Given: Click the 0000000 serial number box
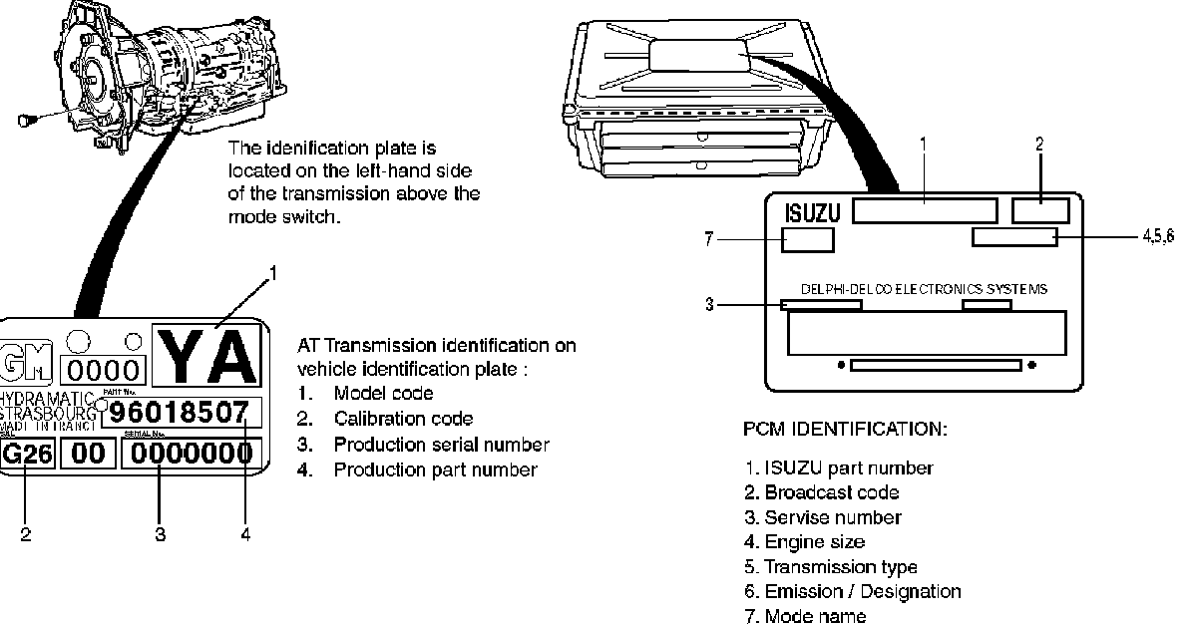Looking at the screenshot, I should click(x=190, y=455).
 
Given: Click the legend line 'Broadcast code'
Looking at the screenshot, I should click(x=831, y=492).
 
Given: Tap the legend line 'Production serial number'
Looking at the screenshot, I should click(x=441, y=445).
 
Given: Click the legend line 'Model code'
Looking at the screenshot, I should click(x=383, y=394).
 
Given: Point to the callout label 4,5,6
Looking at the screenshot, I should click(x=1159, y=237).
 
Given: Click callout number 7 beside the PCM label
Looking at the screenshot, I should click(x=709, y=239).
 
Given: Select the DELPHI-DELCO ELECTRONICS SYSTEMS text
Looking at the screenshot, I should click(x=924, y=290).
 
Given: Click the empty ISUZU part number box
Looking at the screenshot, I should click(x=925, y=210).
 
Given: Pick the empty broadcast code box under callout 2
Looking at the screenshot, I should click(x=1040, y=210).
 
